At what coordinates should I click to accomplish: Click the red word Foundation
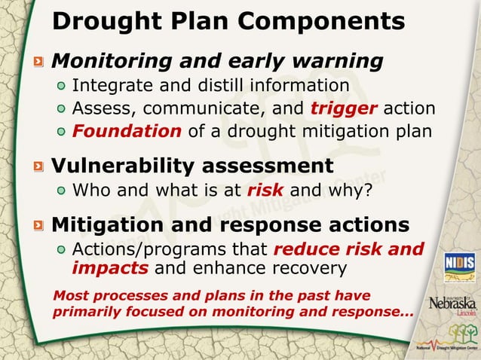127,132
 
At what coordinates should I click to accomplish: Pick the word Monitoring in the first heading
111,60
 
